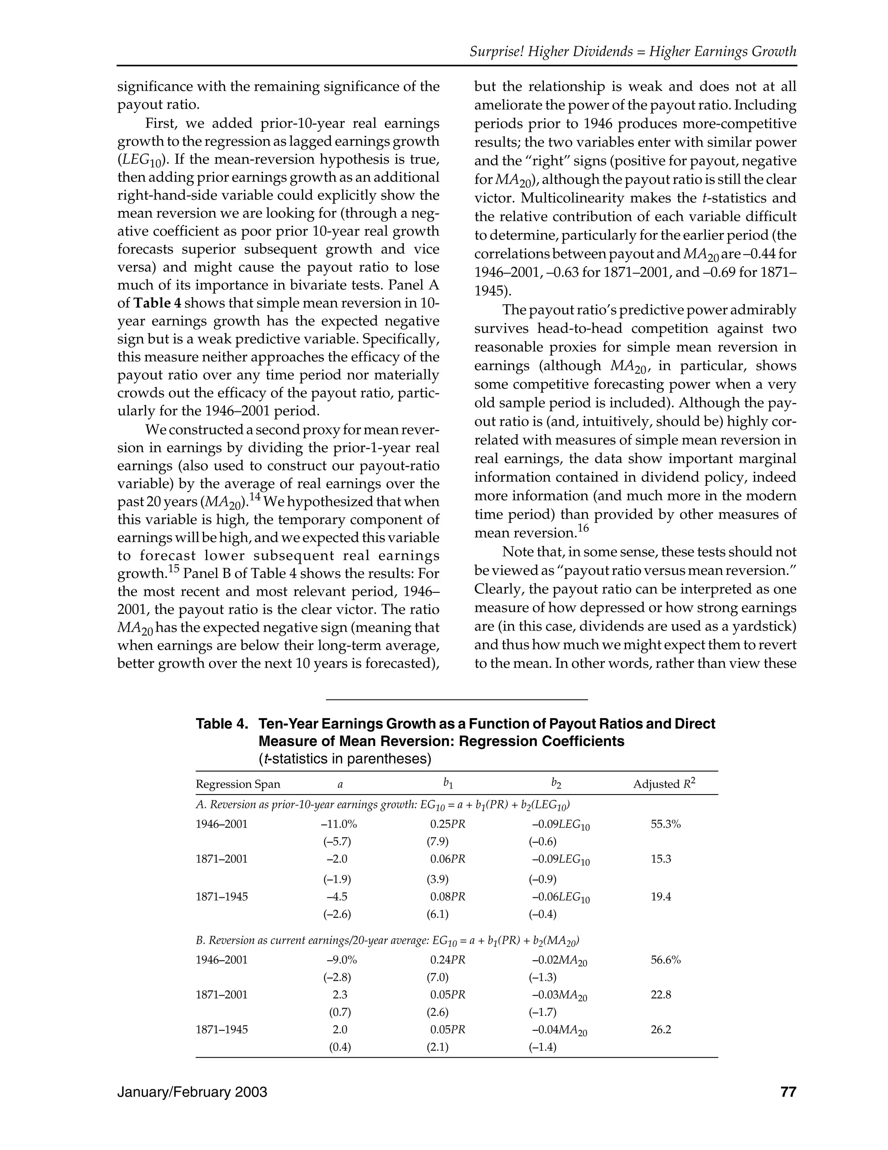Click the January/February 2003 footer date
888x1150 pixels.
pyautogui.click(x=192, y=1092)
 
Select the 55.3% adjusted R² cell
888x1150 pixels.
pyautogui.click(x=666, y=824)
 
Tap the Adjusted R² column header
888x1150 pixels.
pyautogui.click(x=664, y=784)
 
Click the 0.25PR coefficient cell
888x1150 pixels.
pyautogui.click(x=447, y=824)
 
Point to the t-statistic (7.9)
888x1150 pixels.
pyautogui.click(x=437, y=841)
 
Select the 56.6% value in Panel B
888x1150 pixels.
pyautogui.click(x=666, y=959)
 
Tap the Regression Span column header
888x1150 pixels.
pyautogui.click(x=238, y=784)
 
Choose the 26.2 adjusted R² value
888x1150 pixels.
pyautogui.click(x=661, y=1029)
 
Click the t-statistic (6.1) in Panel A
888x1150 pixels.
pyautogui.click(x=437, y=914)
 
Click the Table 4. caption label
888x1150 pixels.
pyautogui.click(x=222, y=724)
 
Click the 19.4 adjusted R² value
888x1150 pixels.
pyautogui.click(x=661, y=897)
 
